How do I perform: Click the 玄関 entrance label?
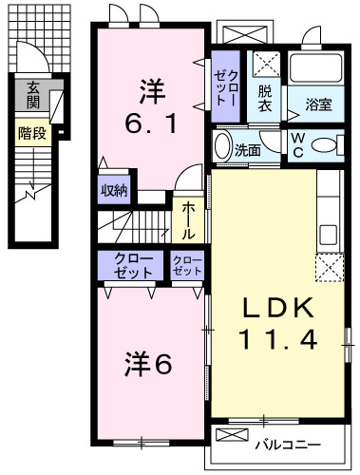32,96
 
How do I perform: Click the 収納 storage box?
113,188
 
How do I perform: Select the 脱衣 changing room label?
265,99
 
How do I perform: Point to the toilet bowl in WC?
324,146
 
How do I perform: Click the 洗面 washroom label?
248,149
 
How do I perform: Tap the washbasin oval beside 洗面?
224,147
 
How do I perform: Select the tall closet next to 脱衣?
226,86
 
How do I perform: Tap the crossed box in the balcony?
231,435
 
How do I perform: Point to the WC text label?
298,145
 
